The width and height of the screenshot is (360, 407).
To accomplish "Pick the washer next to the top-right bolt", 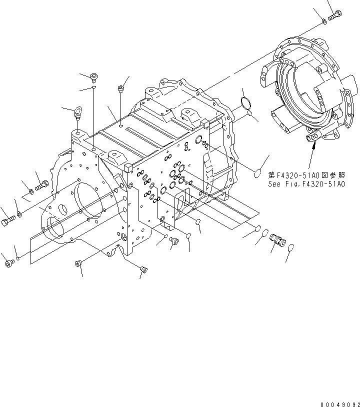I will [x=323, y=21].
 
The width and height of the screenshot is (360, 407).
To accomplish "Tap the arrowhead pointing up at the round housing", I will [x=314, y=145].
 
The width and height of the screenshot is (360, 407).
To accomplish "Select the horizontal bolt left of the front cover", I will [x=41, y=186].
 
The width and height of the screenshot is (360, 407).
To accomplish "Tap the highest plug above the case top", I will [x=93, y=76].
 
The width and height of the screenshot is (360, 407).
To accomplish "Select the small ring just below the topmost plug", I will [x=93, y=88].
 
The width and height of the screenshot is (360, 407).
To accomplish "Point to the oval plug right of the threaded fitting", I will [x=292, y=246].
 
